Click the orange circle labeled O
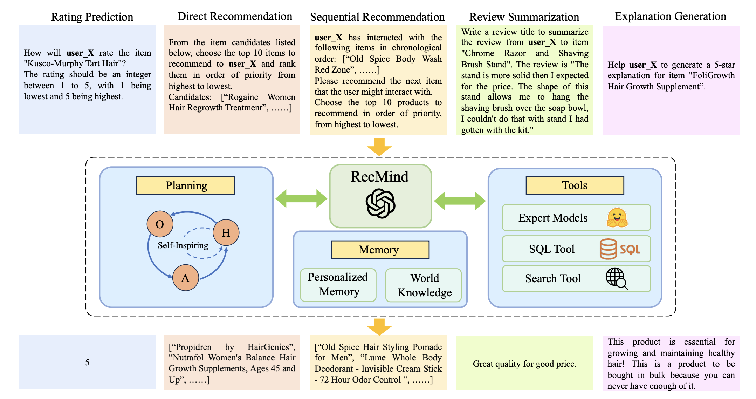(160, 224)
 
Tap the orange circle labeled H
(226, 232)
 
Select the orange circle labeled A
(185, 278)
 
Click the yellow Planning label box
(185, 185)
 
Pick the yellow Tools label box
(575, 185)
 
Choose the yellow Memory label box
(380, 250)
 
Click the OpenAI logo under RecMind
(380, 203)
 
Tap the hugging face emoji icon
(617, 218)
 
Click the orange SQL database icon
(608, 249)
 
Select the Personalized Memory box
(338, 284)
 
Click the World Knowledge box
(424, 285)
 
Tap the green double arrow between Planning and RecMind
(301, 199)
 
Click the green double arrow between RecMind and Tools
(460, 201)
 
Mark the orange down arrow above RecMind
(379, 147)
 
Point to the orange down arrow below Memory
(379, 327)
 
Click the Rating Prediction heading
(92, 17)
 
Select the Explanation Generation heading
(670, 16)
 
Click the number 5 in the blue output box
(87, 362)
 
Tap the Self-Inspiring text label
(183, 245)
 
